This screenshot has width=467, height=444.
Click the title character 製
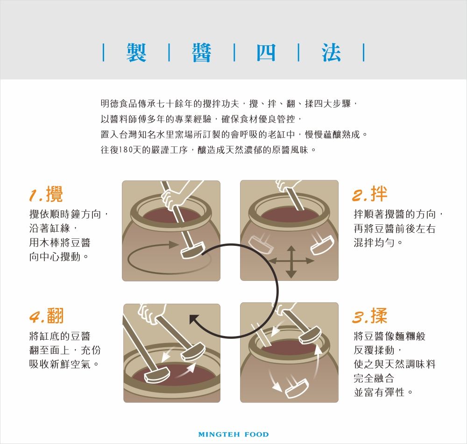pos(136,53)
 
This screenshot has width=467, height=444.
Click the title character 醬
pos(201,53)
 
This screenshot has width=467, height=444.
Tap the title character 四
pos(266,53)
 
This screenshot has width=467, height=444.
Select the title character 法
pos(331,53)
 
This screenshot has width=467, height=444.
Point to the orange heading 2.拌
pos(369,193)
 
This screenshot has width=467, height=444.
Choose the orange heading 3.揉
pos(369,316)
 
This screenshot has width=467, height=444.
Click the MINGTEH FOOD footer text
pos(233,434)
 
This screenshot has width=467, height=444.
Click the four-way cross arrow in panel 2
pos(291,261)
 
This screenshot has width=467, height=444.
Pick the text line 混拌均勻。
pos(378,243)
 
